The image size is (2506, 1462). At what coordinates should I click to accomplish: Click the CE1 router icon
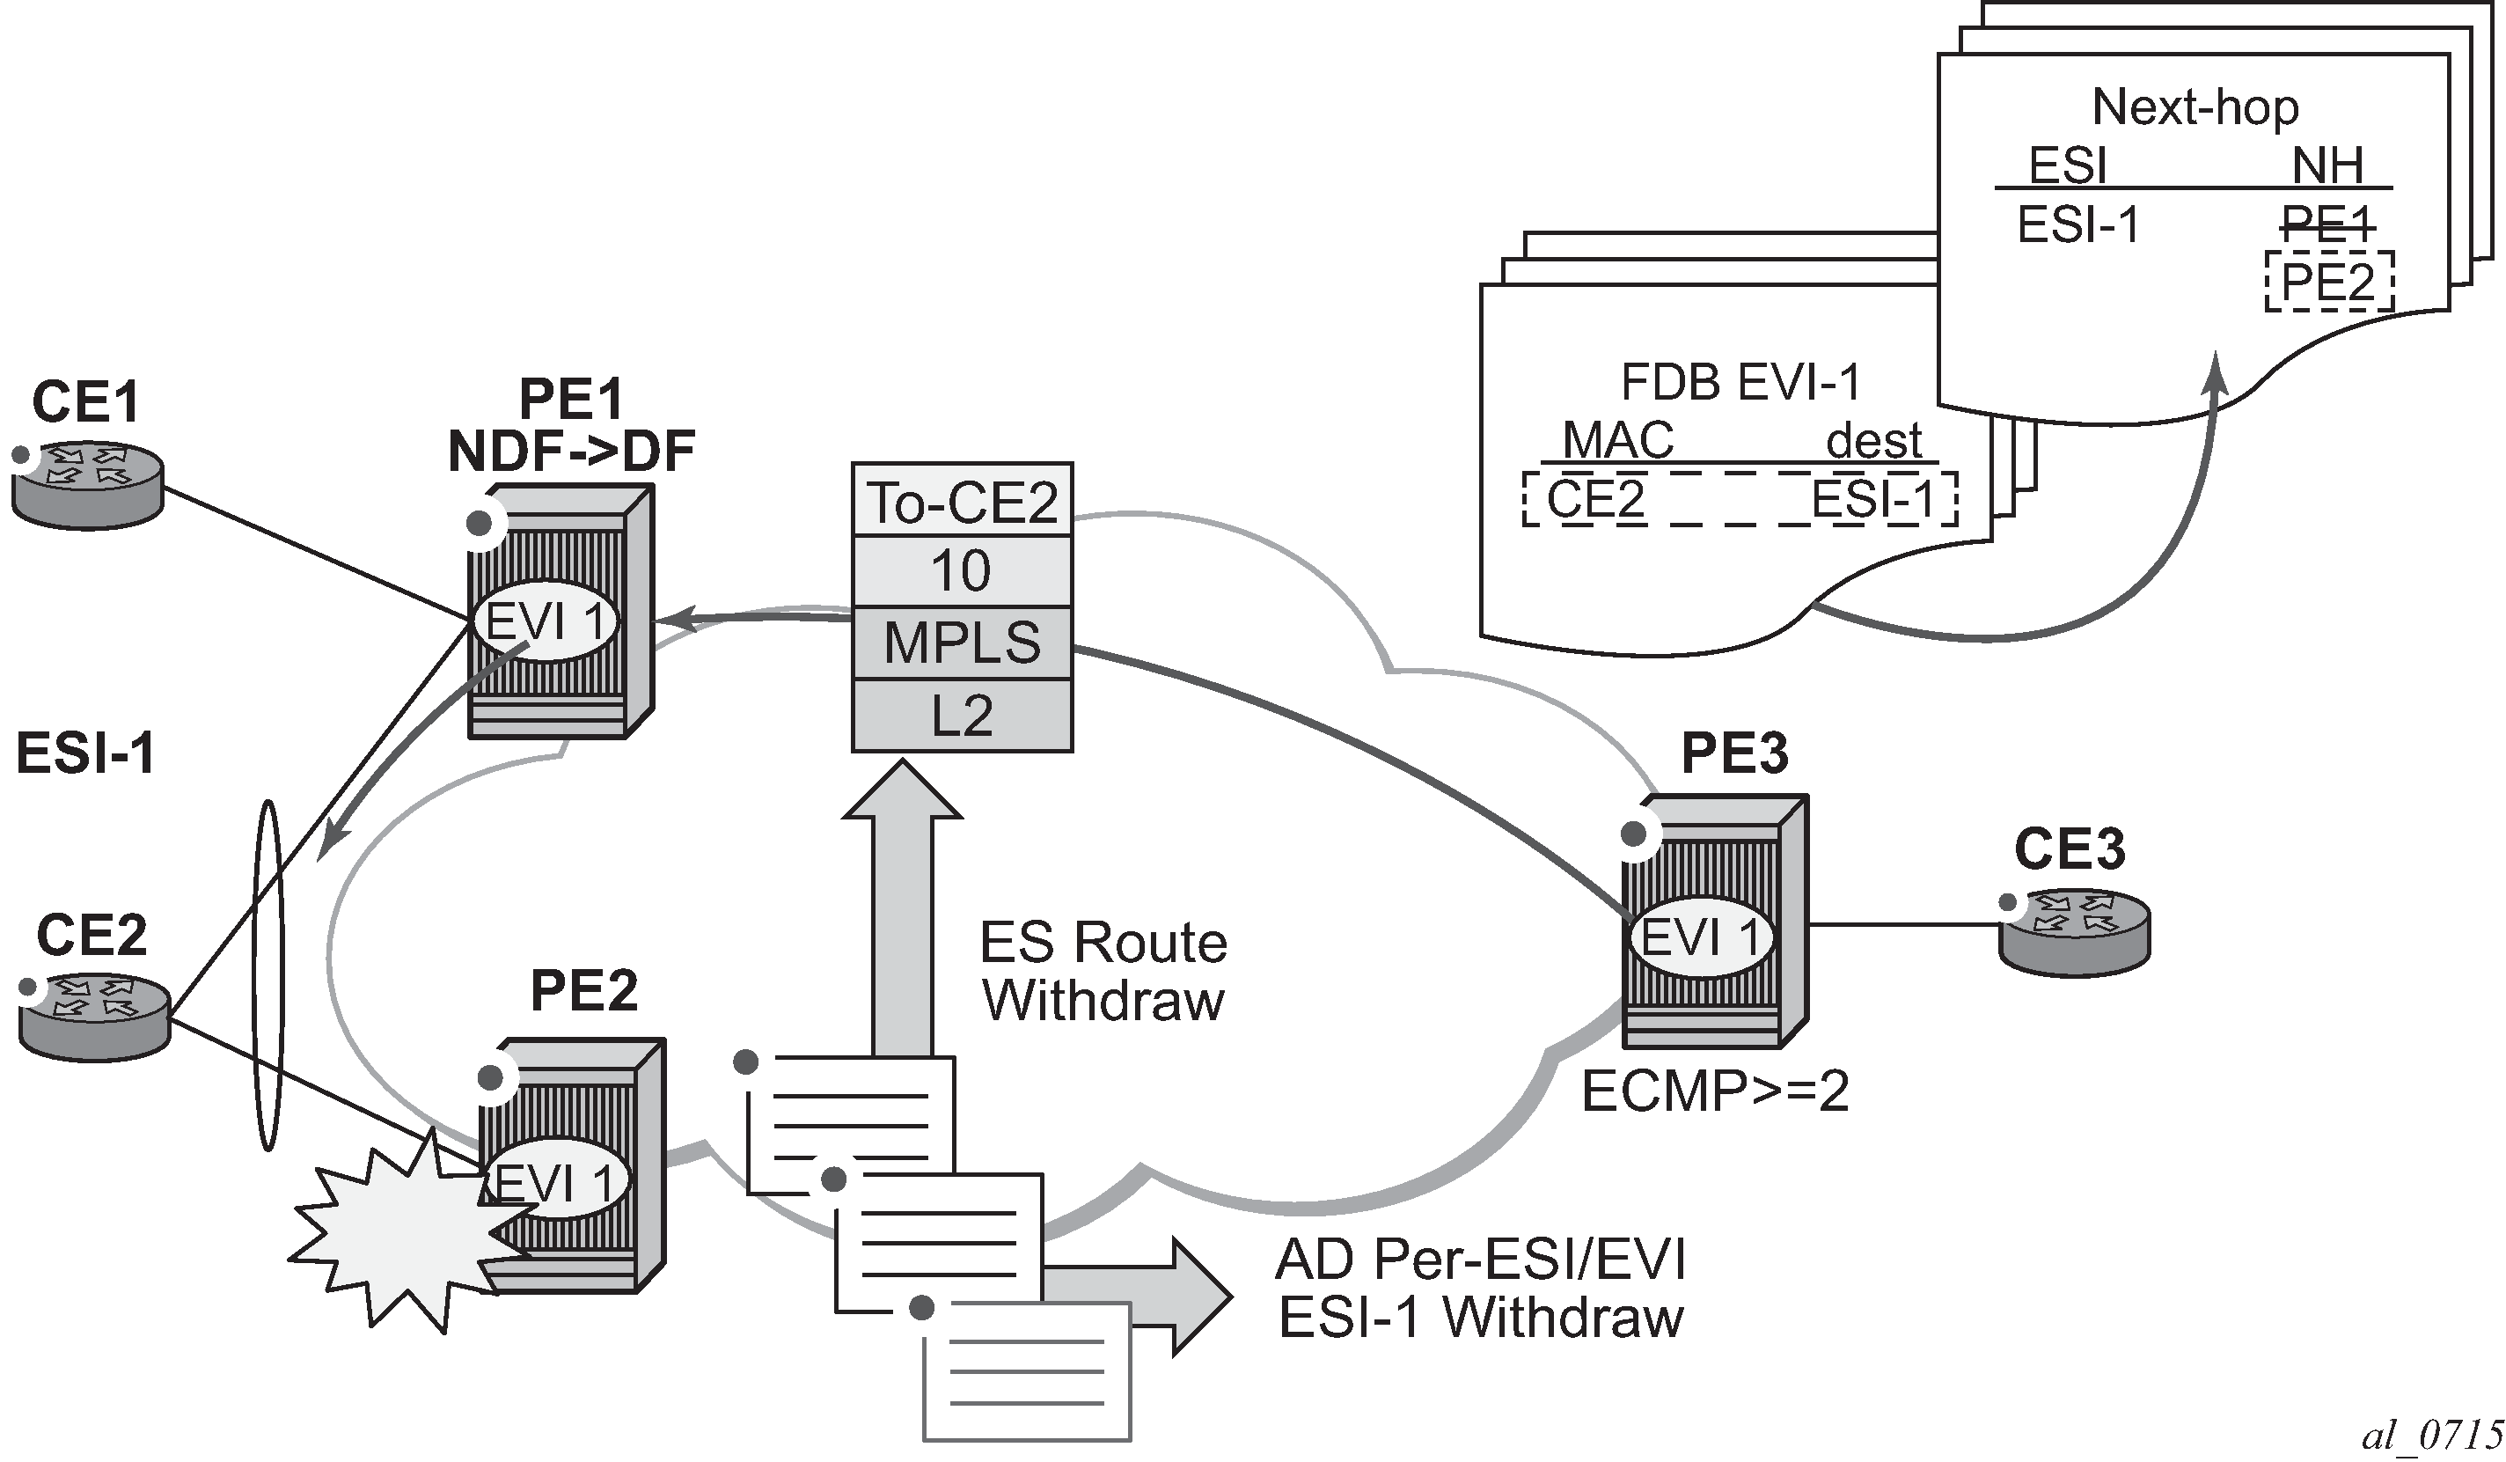coord(87,484)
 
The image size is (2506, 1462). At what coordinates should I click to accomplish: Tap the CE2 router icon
coord(94,1018)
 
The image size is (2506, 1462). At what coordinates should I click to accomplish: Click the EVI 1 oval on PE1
coord(546,621)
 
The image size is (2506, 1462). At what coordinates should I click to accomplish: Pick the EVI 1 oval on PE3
coord(1702,936)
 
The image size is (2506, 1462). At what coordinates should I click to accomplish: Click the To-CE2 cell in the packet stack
coord(962,500)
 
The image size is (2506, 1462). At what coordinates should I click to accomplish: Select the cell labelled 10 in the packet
coord(962,571)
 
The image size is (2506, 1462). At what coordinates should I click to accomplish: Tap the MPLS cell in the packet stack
coord(962,643)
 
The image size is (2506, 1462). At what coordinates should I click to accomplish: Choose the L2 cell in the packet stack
coord(962,715)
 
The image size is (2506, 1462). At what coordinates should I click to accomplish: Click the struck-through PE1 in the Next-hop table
coord(2327,224)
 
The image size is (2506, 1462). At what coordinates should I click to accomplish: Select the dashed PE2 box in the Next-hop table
coord(2328,282)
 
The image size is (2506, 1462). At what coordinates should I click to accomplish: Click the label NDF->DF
coord(571,451)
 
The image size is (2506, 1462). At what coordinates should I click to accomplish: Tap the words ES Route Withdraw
coord(1103,971)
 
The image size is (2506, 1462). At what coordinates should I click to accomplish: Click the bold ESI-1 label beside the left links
coord(85,753)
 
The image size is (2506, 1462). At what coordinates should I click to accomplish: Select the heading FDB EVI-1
coord(1740,382)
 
